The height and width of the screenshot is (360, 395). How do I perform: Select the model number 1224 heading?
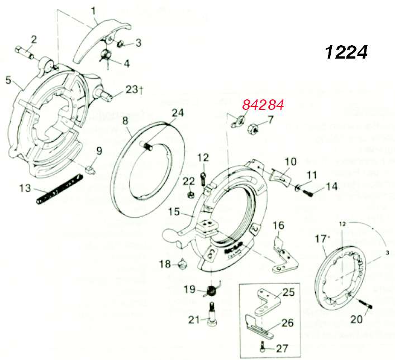346,52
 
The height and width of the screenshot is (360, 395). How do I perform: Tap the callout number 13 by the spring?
24,188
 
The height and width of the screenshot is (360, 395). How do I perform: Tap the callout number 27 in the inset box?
282,349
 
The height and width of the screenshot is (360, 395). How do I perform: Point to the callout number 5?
8,80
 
